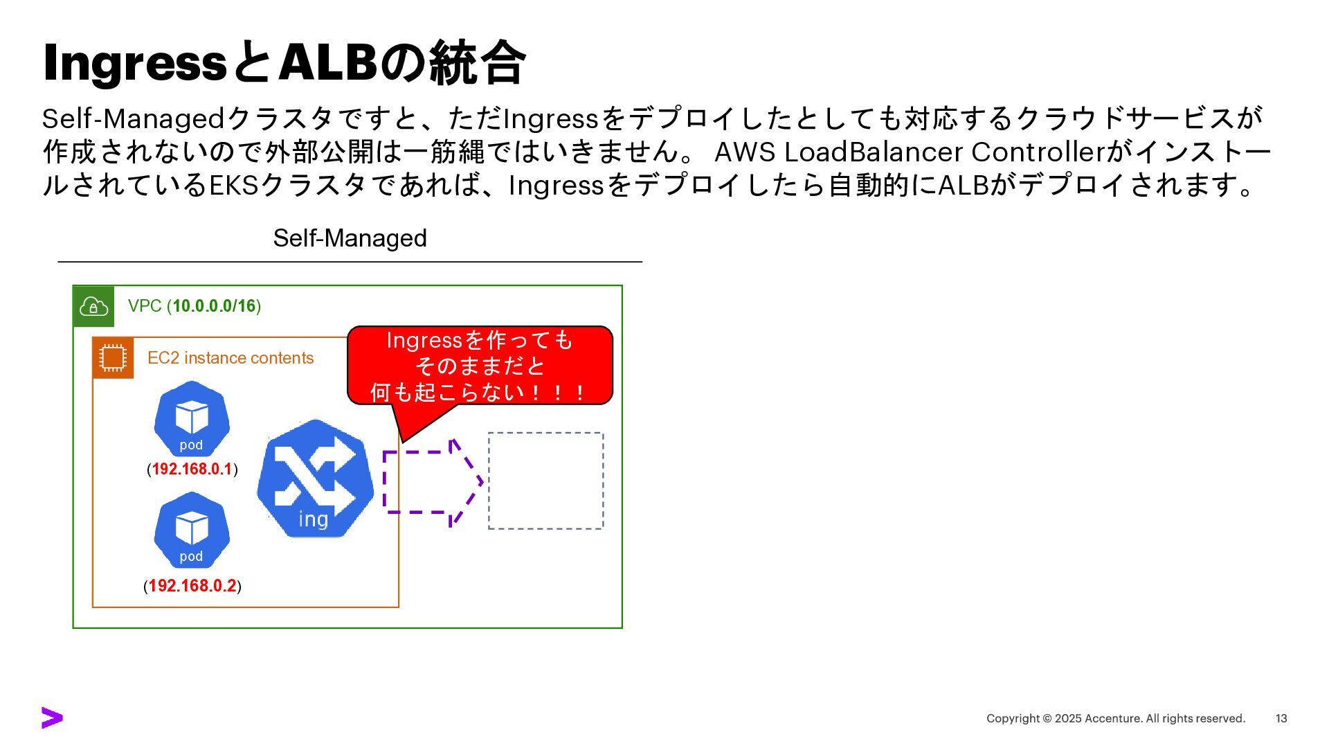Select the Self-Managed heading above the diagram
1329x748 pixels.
click(350, 238)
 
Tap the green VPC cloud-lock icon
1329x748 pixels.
click(93, 306)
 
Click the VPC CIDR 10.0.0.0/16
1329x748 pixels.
click(214, 306)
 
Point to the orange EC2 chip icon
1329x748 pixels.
click(113, 358)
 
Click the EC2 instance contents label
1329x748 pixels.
click(230, 358)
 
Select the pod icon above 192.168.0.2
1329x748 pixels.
click(192, 531)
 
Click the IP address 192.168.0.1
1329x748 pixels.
click(192, 470)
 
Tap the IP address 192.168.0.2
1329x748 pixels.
click(192, 586)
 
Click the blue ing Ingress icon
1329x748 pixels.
click(315, 479)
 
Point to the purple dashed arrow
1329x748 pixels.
click(433, 482)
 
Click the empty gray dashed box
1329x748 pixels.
click(545, 481)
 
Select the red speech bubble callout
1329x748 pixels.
click(480, 365)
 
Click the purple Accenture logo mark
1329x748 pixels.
click(52, 718)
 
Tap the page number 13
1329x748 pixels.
click(1281, 719)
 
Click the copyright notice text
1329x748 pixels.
click(1115, 719)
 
